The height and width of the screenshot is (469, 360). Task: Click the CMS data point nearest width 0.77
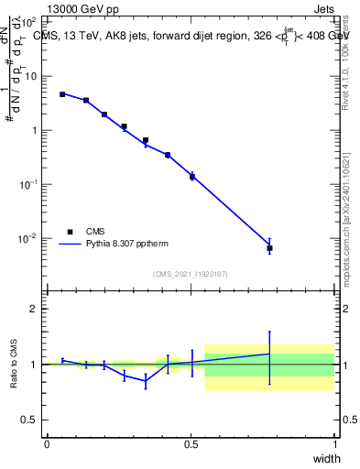[269, 248]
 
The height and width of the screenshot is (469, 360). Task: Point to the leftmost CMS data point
[62, 94]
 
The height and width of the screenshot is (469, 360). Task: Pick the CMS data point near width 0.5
[191, 176]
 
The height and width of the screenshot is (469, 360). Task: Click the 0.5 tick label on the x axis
[191, 445]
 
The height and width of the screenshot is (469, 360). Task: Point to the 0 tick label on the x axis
[47, 445]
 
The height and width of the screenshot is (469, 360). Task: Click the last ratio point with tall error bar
[269, 354]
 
